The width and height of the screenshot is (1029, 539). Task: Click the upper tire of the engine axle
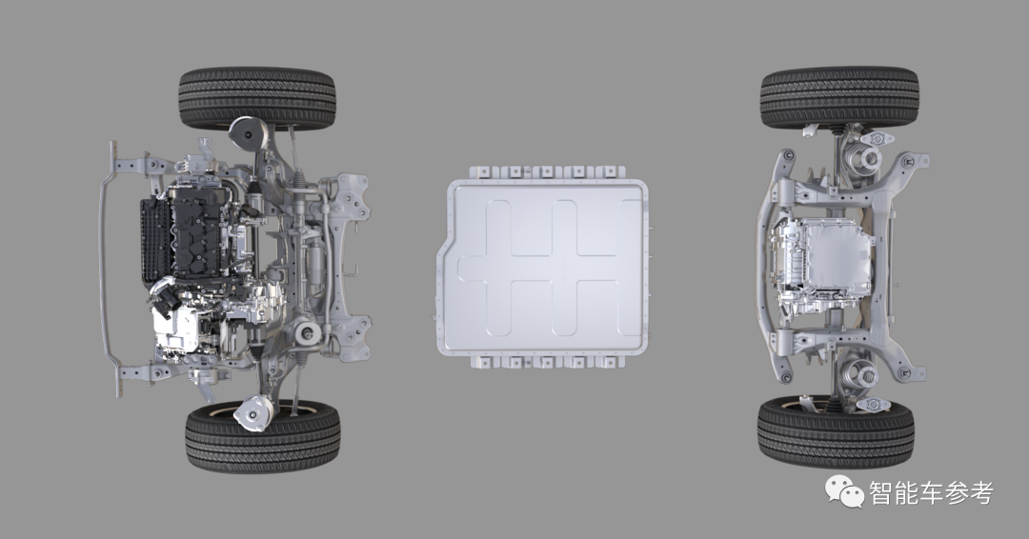tap(257, 97)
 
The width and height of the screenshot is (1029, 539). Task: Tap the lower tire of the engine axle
tap(263, 436)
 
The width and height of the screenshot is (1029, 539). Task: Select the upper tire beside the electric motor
tap(839, 96)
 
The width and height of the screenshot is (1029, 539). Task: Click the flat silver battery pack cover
tap(542, 267)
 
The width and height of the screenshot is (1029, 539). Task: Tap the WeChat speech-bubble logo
tap(844, 491)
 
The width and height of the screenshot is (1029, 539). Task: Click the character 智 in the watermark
tap(882, 492)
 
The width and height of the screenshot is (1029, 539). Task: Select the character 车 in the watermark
tap(932, 492)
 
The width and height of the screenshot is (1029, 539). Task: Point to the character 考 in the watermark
tap(981, 492)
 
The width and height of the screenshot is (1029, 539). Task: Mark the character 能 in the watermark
tap(907, 492)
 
